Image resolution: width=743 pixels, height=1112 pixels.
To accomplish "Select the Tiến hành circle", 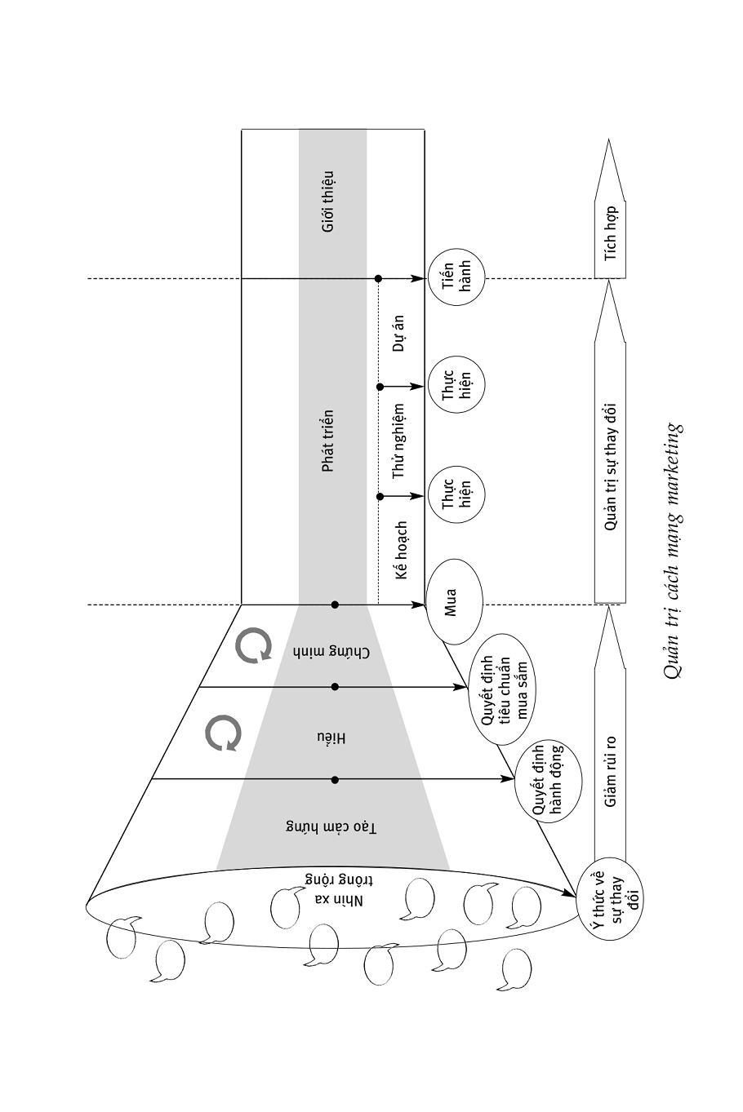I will [455, 278].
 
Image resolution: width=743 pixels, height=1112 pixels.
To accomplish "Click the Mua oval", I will [454, 600].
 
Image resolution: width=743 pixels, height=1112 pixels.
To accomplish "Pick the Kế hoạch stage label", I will [400, 551].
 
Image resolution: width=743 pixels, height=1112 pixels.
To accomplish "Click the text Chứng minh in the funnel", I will [331, 652].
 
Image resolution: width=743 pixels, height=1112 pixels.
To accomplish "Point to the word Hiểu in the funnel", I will [331, 738].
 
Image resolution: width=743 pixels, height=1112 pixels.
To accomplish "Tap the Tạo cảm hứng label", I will [331, 827].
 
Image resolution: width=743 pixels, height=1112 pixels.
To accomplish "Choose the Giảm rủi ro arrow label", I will [610, 772].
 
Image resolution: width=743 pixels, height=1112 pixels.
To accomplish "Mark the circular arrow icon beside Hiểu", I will [223, 733].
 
